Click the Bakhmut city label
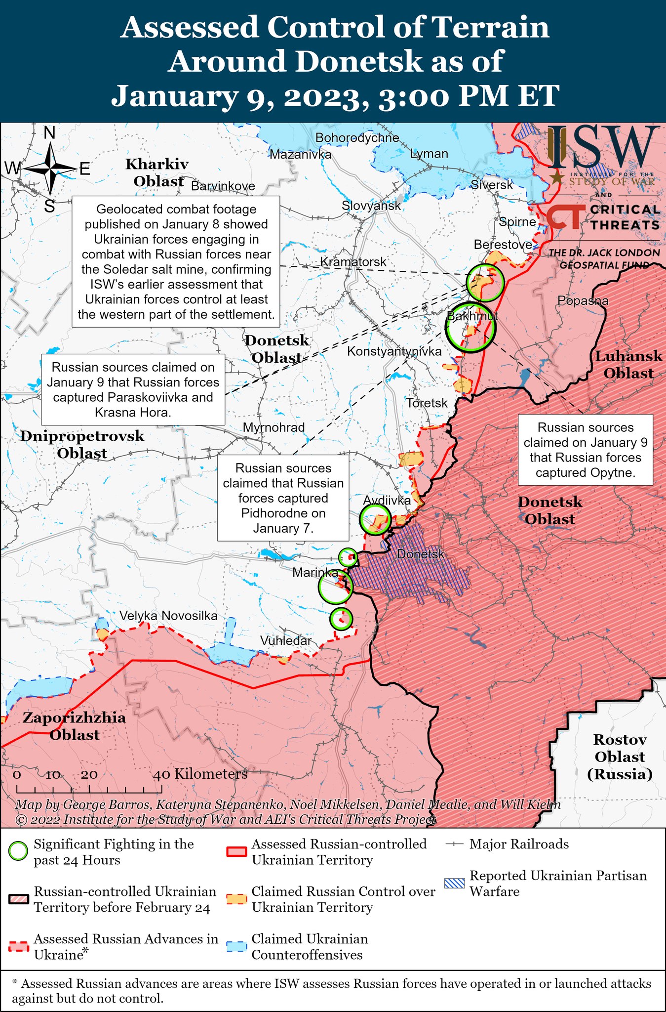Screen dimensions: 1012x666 coord(472,316)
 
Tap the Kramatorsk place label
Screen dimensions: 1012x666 coord(353,262)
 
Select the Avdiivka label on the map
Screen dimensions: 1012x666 coord(387,500)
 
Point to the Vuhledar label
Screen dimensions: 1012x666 coord(285,640)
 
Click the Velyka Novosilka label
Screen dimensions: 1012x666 coord(168,616)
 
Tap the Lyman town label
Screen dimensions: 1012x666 coord(429,154)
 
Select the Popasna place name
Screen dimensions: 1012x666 coord(583,300)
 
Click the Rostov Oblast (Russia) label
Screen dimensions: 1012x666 coord(620,757)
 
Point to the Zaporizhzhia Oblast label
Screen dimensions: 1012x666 coord(74,726)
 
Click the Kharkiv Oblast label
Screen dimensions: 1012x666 coord(157,172)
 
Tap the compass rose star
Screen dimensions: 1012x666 coord(50,169)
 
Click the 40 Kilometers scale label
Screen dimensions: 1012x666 coord(200,774)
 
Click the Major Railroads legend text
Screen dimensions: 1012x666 coord(519,844)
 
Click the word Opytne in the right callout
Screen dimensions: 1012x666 coord(612,472)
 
